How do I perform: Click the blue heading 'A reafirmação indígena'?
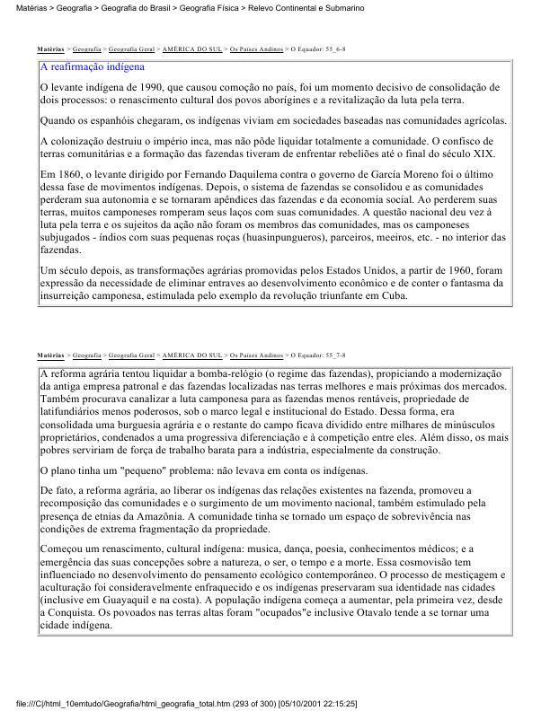(x=93, y=67)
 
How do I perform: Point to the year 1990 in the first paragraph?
(x=137, y=86)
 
